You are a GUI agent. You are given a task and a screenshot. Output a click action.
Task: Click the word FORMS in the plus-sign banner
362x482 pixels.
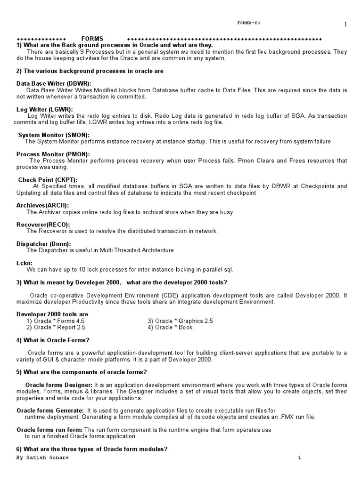click(92, 38)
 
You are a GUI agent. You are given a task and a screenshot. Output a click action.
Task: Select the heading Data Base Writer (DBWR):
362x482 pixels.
click(54, 83)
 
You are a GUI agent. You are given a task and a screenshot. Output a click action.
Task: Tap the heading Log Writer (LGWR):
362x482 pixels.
click(44, 110)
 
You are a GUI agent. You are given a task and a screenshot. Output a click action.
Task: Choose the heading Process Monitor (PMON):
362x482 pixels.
click(53, 154)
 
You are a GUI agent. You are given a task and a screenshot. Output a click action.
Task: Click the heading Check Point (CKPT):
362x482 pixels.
click(48, 180)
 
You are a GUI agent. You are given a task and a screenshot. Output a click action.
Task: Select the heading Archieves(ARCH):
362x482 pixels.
click(42, 206)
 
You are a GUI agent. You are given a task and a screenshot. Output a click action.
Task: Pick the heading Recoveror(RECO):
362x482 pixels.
click(43, 225)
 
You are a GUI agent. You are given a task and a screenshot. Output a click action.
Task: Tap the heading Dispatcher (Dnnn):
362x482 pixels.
click(44, 244)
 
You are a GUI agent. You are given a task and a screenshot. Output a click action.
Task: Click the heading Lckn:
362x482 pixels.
click(25, 263)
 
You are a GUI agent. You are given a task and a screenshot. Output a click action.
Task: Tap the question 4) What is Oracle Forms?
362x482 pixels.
click(53, 340)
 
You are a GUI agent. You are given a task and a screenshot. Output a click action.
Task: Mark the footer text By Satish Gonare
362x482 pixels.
click(42, 458)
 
